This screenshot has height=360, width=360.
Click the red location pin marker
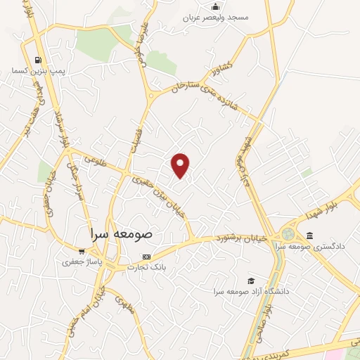[181, 165]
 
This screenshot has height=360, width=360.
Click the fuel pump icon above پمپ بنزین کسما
[37, 60]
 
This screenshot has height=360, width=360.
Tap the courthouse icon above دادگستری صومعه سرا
[309, 236]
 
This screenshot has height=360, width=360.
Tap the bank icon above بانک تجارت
[146, 256]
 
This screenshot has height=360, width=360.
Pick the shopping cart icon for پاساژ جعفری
[82, 252]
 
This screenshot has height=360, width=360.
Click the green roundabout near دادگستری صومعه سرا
[288, 233]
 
